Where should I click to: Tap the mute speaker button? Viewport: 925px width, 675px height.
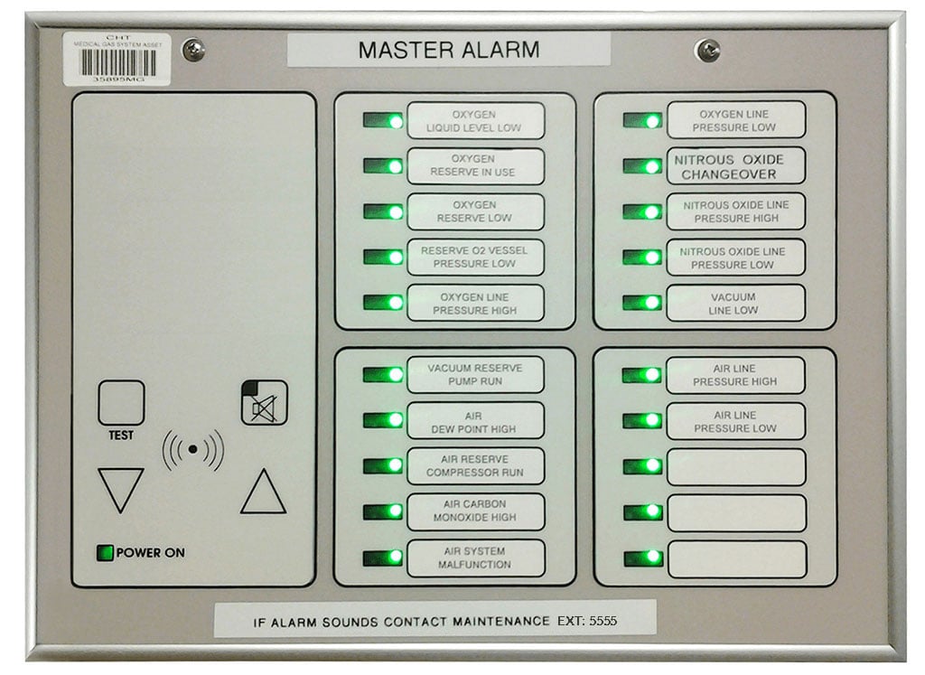[x=264, y=403]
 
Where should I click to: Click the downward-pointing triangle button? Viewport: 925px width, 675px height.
[x=120, y=489]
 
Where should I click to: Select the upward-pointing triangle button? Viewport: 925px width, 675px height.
[x=263, y=492]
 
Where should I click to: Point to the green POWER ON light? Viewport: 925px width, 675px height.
[x=106, y=552]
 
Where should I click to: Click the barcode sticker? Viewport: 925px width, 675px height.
[x=117, y=60]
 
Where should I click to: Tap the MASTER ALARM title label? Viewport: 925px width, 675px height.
[x=448, y=50]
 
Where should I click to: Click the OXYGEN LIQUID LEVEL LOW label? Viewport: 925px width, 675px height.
[x=475, y=121]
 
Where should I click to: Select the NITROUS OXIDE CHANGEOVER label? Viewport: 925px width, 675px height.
[x=735, y=166]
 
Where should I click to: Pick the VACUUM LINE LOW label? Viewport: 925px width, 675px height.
[x=735, y=303]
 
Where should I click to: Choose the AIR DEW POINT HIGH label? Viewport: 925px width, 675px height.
[x=475, y=420]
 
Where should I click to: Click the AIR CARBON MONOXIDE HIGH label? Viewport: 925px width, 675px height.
[x=475, y=511]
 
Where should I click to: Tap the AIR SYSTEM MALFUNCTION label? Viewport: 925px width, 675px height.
[x=475, y=558]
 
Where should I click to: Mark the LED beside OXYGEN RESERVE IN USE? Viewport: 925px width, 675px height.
[x=384, y=166]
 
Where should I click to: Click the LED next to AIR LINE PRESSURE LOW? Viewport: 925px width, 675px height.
[x=643, y=420]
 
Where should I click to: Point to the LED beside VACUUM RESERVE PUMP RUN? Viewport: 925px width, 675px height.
[x=384, y=374]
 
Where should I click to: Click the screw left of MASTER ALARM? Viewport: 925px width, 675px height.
[x=193, y=50]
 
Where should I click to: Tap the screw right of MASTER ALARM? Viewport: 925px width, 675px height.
[x=706, y=50]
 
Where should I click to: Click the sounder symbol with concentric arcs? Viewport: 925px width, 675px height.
[x=192, y=449]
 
